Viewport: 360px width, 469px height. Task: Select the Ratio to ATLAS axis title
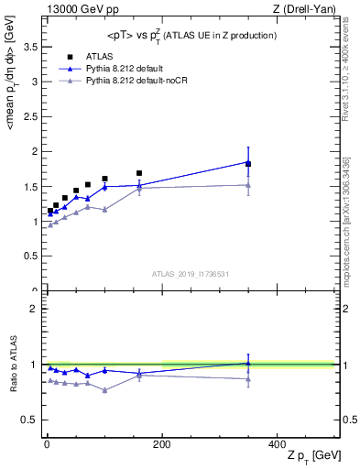tap(12, 364)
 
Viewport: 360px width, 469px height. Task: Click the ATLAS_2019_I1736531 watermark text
tap(191, 274)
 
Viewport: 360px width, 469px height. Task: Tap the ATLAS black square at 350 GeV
tap(248, 164)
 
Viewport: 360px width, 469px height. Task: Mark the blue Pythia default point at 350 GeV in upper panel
tap(248, 162)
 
